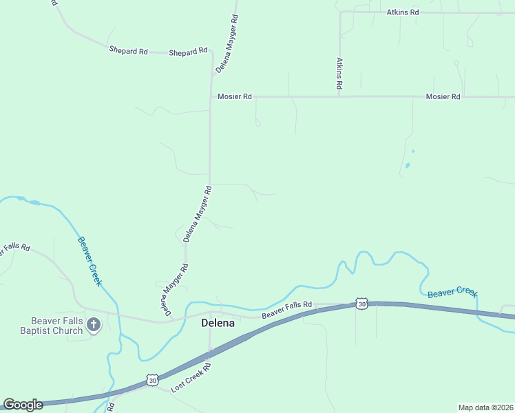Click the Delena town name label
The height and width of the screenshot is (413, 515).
click(x=218, y=323)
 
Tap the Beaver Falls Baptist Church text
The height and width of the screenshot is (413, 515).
click(x=56, y=326)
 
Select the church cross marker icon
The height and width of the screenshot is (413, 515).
click(x=94, y=324)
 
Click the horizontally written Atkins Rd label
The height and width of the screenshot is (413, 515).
click(x=403, y=12)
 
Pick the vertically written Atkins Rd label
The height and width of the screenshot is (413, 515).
click(x=339, y=74)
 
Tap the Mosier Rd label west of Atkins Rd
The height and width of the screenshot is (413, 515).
click(x=234, y=97)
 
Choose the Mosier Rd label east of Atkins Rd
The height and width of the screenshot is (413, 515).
click(x=443, y=97)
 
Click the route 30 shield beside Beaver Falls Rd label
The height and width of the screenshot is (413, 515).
click(x=362, y=304)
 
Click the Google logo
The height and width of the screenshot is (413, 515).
click(x=23, y=405)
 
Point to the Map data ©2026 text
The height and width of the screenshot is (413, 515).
click(x=485, y=407)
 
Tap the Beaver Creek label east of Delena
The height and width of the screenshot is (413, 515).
click(x=452, y=293)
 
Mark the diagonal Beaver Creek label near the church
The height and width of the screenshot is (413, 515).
click(x=90, y=262)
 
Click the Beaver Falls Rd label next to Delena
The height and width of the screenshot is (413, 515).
click(x=287, y=310)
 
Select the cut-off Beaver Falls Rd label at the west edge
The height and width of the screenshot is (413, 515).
click(x=14, y=248)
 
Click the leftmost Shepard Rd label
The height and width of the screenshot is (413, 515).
click(x=128, y=50)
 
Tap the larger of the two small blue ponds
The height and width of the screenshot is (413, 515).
click(x=408, y=165)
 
